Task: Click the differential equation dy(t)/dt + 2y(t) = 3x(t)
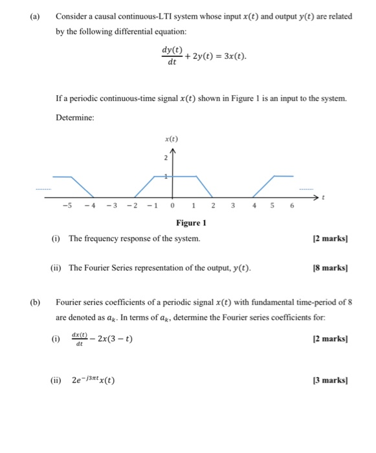(x=203, y=56)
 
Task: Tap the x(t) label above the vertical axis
(x=171, y=138)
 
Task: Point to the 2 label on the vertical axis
(x=166, y=157)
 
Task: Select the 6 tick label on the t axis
(x=291, y=206)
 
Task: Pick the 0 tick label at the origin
(x=172, y=206)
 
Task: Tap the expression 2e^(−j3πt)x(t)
(x=94, y=380)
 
